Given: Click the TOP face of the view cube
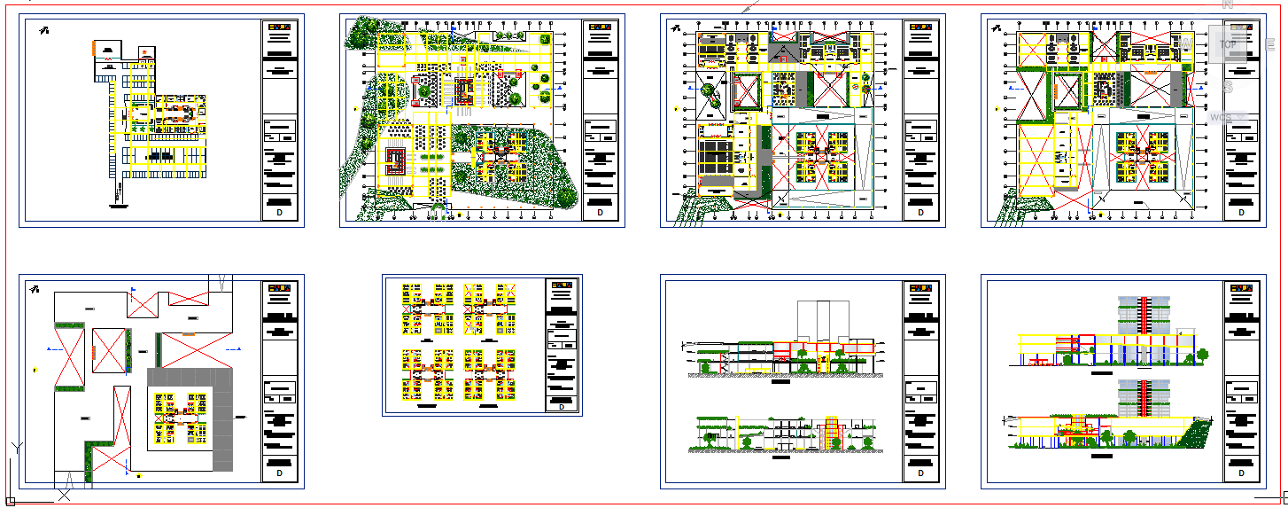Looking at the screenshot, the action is [x=1228, y=44].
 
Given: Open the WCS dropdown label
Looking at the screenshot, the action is [x=1222, y=117].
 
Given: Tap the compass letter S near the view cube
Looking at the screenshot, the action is [x=1229, y=87].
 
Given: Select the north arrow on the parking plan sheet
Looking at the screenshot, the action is [x=43, y=31].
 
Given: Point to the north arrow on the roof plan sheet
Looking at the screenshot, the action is [x=35, y=290].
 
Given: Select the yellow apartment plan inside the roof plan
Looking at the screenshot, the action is [x=181, y=417].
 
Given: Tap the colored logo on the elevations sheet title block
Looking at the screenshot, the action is [x=1241, y=287].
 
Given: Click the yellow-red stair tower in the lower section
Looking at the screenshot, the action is [x=832, y=433].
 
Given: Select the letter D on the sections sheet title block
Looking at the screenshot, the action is [x=920, y=473].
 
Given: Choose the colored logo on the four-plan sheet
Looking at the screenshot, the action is [x=561, y=285].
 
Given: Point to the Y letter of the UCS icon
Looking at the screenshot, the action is [x=16, y=447].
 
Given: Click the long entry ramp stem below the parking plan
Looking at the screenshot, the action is [x=118, y=191].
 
